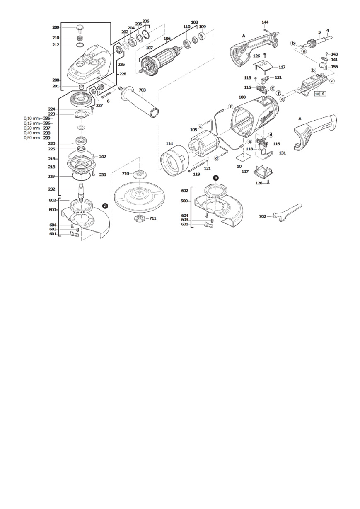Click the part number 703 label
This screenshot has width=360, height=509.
(x=142, y=90)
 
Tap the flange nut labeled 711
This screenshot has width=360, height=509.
(x=139, y=218)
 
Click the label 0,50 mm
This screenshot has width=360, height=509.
(x=31, y=138)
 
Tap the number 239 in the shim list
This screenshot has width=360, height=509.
(x=47, y=138)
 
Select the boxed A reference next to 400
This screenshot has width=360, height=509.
(x=323, y=93)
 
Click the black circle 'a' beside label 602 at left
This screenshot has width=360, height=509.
(x=105, y=206)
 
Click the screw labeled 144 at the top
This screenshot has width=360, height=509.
(x=265, y=30)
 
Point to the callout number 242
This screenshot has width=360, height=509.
(x=102, y=157)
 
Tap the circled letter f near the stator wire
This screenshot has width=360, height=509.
(x=231, y=107)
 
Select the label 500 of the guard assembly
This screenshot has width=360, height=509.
(x=184, y=201)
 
